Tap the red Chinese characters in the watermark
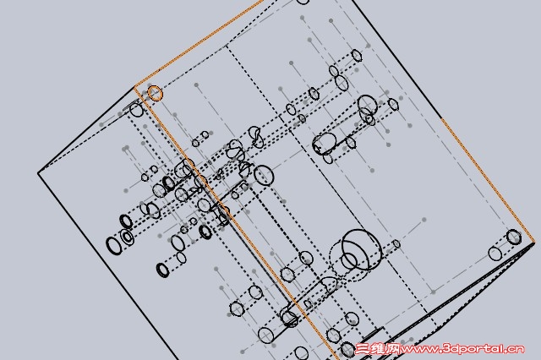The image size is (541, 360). [x=378, y=349]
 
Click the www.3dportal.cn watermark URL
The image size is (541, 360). [x=462, y=349]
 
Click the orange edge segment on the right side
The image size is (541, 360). [x=487, y=178]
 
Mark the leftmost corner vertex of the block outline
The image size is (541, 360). [x=38, y=172]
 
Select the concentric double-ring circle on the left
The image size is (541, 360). [x=127, y=237]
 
